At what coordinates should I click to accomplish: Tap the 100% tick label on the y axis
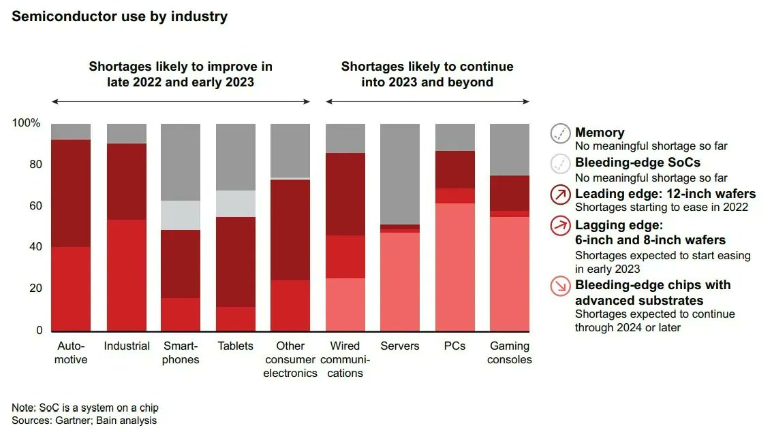click(27, 123)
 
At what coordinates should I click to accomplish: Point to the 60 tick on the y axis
click(35, 205)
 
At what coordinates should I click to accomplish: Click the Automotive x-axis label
click(72, 352)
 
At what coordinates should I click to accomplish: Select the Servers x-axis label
click(400, 346)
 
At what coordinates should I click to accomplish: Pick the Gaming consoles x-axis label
click(510, 352)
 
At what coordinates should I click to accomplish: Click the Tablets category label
click(236, 346)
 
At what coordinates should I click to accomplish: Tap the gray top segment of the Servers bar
click(400, 173)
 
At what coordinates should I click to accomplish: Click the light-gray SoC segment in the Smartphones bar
click(181, 215)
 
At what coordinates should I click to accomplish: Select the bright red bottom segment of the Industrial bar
click(127, 275)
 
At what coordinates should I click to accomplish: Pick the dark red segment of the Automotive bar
click(72, 193)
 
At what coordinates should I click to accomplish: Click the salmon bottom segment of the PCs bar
click(455, 267)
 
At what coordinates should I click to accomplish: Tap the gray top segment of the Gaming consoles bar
click(510, 150)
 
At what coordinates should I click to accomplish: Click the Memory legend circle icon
click(560, 134)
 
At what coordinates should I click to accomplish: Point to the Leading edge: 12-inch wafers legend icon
click(560, 196)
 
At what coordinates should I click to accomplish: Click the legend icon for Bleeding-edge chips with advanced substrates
click(560, 286)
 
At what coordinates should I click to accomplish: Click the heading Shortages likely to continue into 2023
click(427, 74)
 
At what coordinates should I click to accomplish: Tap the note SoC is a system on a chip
click(85, 408)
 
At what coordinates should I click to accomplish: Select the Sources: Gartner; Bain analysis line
click(84, 420)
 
